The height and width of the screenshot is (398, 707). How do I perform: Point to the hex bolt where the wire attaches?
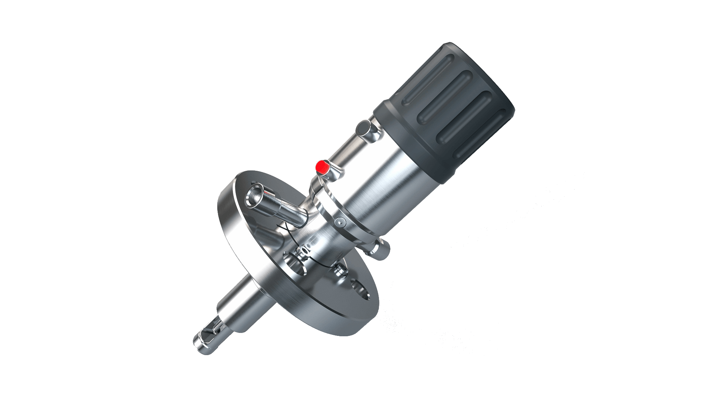point(304,252)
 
